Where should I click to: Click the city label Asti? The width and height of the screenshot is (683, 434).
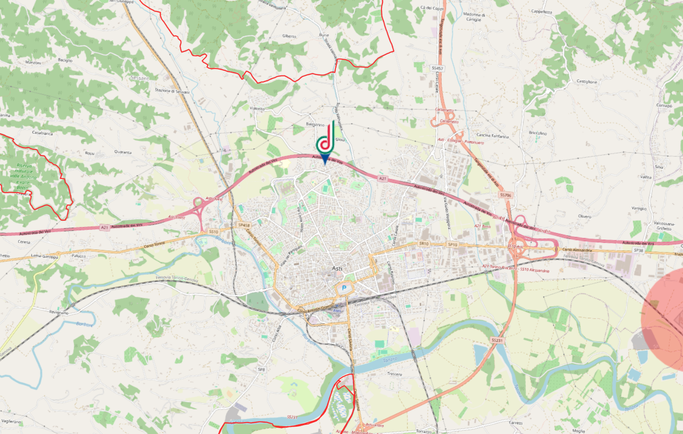coord(337,268)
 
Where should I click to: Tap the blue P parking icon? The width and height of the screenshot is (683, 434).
coord(344,288)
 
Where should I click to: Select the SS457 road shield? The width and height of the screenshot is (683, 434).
coord(437,68)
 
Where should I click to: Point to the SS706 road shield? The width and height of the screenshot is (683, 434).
coord(505,195)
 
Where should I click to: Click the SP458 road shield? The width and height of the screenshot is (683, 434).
coord(244,225)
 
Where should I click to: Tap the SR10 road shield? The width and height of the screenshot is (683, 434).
coord(424,244)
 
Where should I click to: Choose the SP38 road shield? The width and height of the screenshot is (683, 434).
coord(638,250)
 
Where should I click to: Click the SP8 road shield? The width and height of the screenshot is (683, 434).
coord(261,369)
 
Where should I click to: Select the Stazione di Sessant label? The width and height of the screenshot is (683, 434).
coord(172,91)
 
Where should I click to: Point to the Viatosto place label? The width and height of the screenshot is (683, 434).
coord(257,108)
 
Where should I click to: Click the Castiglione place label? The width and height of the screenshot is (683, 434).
coord(586,81)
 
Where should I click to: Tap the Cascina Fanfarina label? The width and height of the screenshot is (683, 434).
coord(492,136)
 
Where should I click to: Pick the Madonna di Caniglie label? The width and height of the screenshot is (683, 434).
coord(474,17)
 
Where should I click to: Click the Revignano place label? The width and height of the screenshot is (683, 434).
coord(59,312)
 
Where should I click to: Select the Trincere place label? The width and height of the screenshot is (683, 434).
coord(394,374)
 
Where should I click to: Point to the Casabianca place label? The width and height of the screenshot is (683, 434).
coord(42,133)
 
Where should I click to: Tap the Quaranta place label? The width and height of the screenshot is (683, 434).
coord(123,152)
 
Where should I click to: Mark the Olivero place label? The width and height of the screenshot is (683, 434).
coord(585,216)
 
